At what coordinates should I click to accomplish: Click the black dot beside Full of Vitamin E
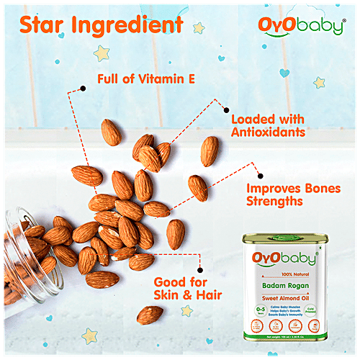84,89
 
